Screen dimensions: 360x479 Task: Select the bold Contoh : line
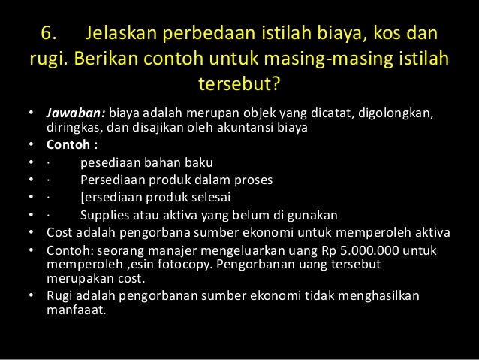click(71, 144)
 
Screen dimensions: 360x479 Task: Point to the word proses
click(255, 180)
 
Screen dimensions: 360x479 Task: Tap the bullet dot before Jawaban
click(31, 113)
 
